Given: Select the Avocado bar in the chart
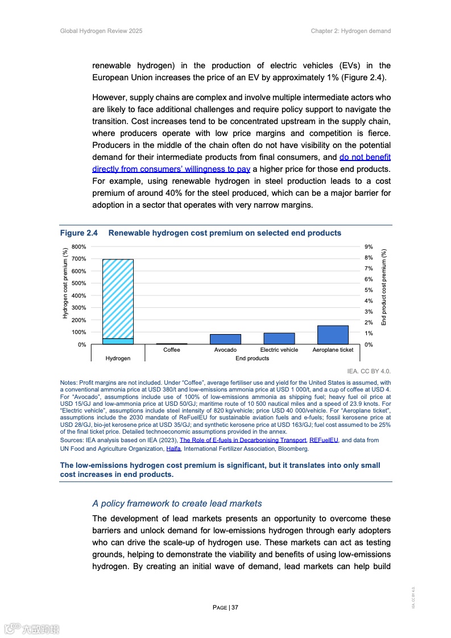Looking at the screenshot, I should point(225,339).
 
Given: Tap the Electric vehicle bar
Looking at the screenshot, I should point(279,339).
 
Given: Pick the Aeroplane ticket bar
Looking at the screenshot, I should point(333,335).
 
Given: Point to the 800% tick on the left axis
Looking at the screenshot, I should point(78,247).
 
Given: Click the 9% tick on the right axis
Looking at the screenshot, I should point(369,247).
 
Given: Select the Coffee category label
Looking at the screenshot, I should point(171,350).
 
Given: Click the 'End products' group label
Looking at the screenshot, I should point(253,359).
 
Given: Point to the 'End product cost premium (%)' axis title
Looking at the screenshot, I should point(384,287).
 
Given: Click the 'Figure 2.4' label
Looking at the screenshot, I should point(79,233).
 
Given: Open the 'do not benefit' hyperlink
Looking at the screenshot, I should point(365,157).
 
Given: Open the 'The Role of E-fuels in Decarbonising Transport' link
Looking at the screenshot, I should point(243,441).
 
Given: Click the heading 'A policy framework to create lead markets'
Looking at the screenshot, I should point(177,503).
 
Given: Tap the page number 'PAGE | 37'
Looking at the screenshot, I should point(225,607).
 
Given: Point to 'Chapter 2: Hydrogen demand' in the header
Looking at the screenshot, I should point(350,31).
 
